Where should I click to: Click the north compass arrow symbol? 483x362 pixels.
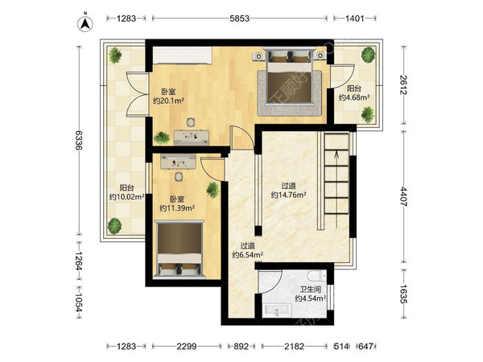point(85,23)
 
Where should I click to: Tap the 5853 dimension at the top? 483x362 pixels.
point(239,19)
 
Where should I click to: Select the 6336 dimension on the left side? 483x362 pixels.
point(79,140)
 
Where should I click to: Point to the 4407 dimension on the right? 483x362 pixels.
point(404,196)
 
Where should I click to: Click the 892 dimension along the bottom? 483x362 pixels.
point(241,347)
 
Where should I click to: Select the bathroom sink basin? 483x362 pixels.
point(278,311)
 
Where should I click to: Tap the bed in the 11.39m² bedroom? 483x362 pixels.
point(180,249)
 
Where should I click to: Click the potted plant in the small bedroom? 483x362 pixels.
point(213,190)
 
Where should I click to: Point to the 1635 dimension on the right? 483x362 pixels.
point(404,294)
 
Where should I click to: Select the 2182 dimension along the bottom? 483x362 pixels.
point(294,347)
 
